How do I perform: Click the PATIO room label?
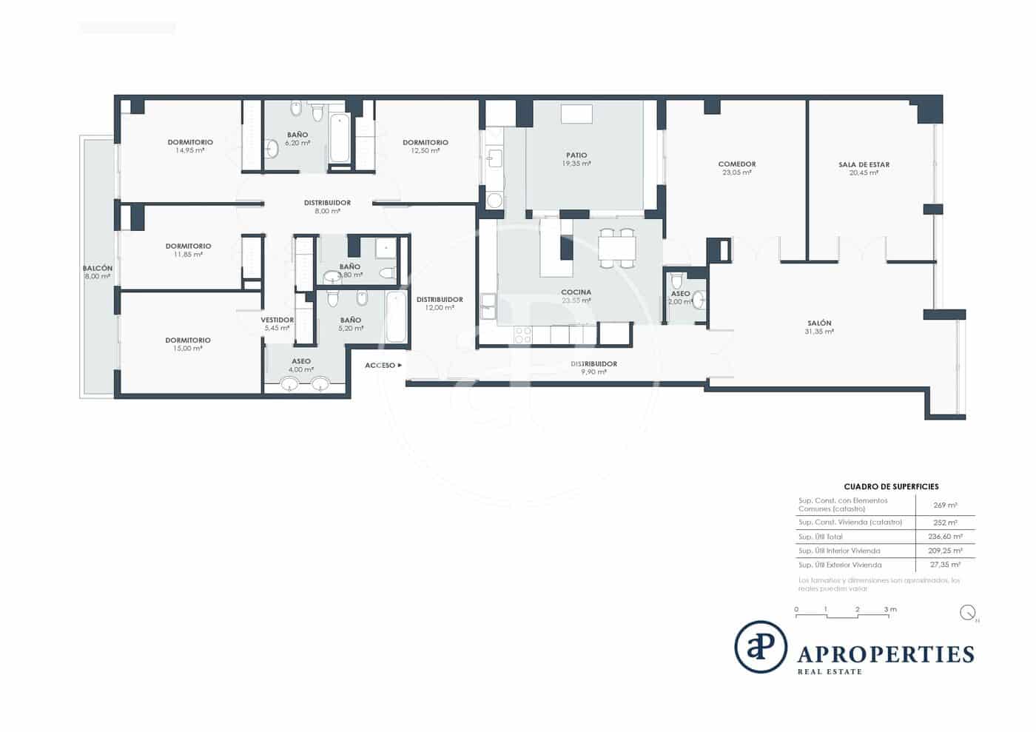(x=576, y=155)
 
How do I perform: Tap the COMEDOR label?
(x=737, y=164)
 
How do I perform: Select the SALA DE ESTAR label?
(x=864, y=165)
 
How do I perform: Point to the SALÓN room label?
(x=819, y=323)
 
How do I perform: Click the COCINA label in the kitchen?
(x=576, y=292)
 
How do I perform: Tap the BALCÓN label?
(x=98, y=269)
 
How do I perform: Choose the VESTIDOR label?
(x=277, y=320)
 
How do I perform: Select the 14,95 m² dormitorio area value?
(x=190, y=150)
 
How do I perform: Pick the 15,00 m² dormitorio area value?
(x=188, y=349)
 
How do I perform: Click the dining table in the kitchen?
(x=616, y=247)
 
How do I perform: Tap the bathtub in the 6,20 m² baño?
(x=340, y=138)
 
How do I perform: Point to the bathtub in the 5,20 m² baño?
(x=396, y=317)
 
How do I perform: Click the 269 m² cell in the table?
(x=945, y=505)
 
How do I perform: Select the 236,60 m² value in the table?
(x=945, y=537)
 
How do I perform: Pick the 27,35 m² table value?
(x=945, y=565)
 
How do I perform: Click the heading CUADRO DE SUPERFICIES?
(x=891, y=487)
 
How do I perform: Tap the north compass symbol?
(x=967, y=613)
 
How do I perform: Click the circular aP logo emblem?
(x=761, y=647)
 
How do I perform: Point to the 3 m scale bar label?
(x=890, y=610)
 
